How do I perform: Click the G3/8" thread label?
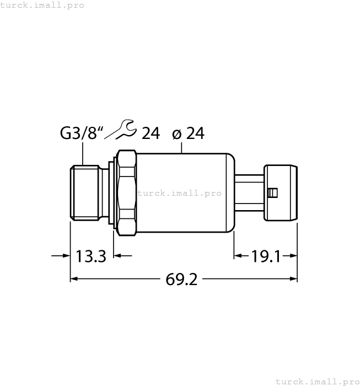(x=82, y=133)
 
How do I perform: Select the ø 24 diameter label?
(x=188, y=133)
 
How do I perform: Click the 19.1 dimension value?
(x=266, y=256)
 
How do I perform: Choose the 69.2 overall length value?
(x=181, y=280)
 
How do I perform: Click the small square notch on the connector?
(x=271, y=192)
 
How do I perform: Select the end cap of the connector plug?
(x=281, y=192)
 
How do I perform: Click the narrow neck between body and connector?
(x=249, y=192)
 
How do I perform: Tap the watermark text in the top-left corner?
(x=42, y=5)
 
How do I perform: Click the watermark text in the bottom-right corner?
(x=316, y=381)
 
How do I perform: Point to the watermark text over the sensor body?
(x=179, y=193)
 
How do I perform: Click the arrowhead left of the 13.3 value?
(x=65, y=256)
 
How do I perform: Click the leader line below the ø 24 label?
(x=182, y=146)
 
